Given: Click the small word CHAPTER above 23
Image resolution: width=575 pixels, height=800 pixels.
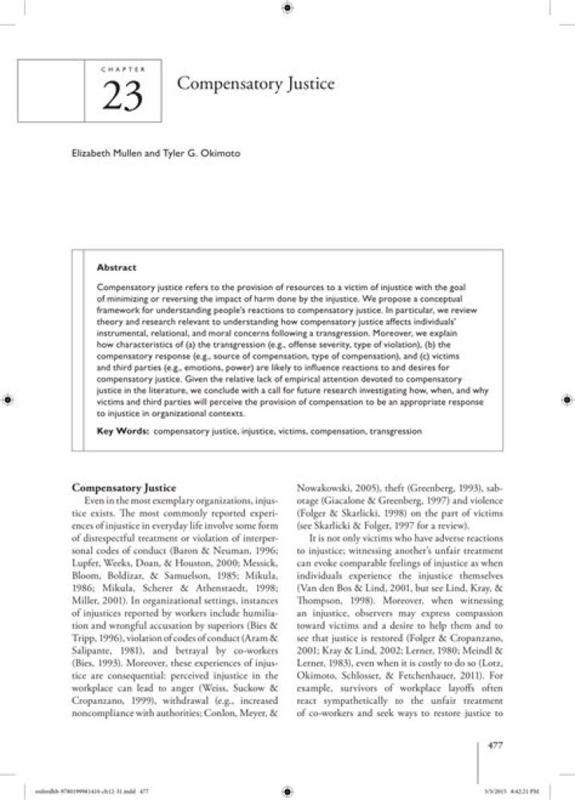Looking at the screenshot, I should click(x=122, y=70).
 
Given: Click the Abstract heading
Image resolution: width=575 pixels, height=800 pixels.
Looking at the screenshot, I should click(x=116, y=268).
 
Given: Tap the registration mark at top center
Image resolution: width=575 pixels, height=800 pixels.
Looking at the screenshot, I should click(x=287, y=7).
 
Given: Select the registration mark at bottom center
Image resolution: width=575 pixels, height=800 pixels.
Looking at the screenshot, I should click(x=287, y=791).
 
